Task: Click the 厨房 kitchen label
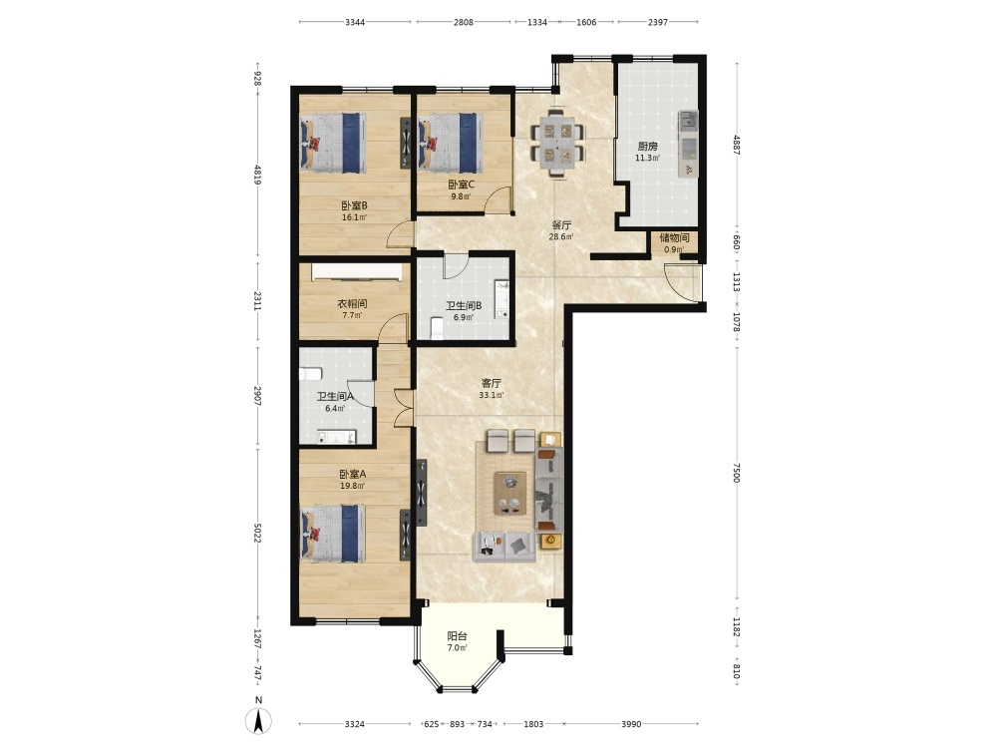[647, 147]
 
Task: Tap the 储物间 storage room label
[674, 238]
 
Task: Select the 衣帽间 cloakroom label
[352, 304]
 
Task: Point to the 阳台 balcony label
[458, 636]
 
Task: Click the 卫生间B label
[464, 306]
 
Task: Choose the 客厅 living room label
[492, 384]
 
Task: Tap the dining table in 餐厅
[557, 143]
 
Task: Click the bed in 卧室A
[333, 533]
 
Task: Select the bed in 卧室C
[449, 143]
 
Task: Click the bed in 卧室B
[333, 143]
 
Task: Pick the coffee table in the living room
[510, 493]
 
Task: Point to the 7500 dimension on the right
[737, 472]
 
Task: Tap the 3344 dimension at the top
[355, 22]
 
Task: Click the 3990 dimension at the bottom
[631, 724]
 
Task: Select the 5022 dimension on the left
[257, 533]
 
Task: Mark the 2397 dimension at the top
[658, 22]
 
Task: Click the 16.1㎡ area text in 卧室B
[354, 217]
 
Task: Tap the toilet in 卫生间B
[437, 327]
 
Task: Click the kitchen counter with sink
[688, 144]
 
